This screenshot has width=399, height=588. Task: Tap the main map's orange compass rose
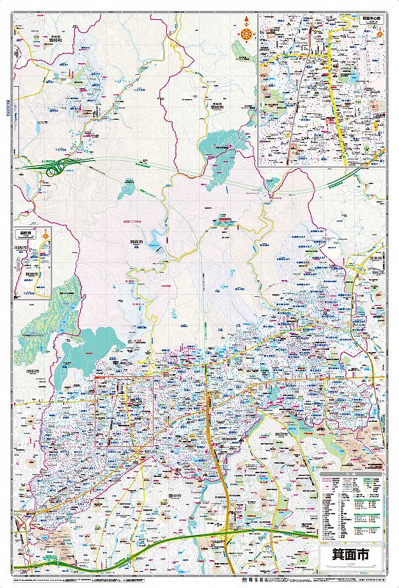point(244,32)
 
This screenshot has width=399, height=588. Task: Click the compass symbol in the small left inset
point(46,237)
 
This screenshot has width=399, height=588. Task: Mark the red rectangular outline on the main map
point(124,412)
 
